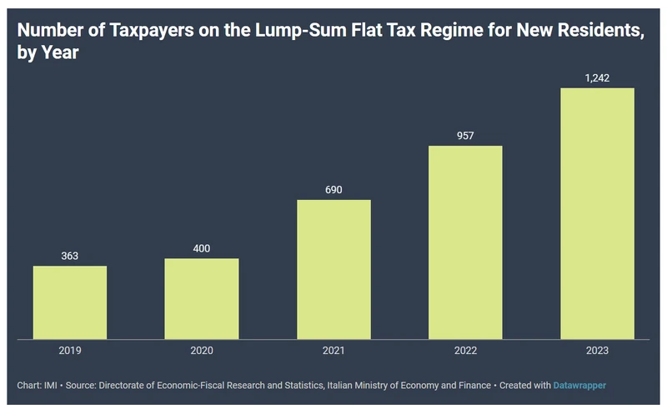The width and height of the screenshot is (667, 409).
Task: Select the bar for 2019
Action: pyautogui.click(x=70, y=302)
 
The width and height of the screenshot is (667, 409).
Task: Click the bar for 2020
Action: pyautogui.click(x=202, y=298)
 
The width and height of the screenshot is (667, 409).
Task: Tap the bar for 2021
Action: pyautogui.click(x=333, y=269)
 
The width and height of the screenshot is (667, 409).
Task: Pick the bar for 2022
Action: pyautogui.click(x=465, y=242)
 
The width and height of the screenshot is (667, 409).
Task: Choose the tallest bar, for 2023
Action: pyautogui.click(x=597, y=213)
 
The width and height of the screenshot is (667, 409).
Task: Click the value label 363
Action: pyautogui.click(x=70, y=256)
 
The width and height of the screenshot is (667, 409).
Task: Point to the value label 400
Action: pyautogui.click(x=202, y=248)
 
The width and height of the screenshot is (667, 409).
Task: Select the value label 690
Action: pyautogui.click(x=333, y=190)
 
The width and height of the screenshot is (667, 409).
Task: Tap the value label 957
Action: pyautogui.click(x=465, y=136)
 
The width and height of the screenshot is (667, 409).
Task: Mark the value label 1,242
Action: pyautogui.click(x=597, y=78)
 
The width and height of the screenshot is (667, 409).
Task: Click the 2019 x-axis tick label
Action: pyautogui.click(x=70, y=351)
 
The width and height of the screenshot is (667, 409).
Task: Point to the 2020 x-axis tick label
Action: pyautogui.click(x=202, y=351)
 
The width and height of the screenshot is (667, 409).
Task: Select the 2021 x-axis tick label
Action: pyautogui.click(x=333, y=351)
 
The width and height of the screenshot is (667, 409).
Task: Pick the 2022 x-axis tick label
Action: pyautogui.click(x=465, y=351)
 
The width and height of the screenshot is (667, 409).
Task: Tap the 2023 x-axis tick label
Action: pyautogui.click(x=597, y=351)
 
